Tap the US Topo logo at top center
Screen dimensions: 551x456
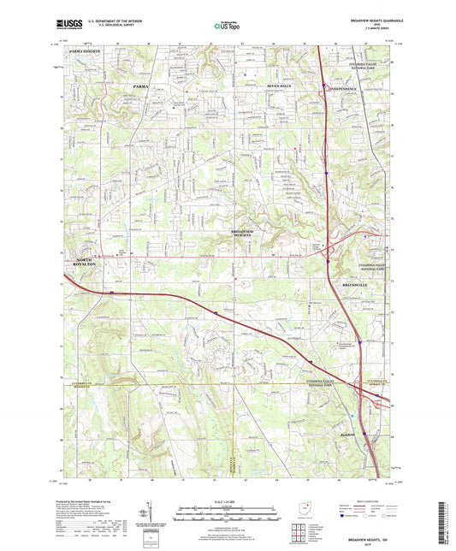[x=227, y=27]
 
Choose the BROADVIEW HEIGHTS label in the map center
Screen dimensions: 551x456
[x=248, y=234]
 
